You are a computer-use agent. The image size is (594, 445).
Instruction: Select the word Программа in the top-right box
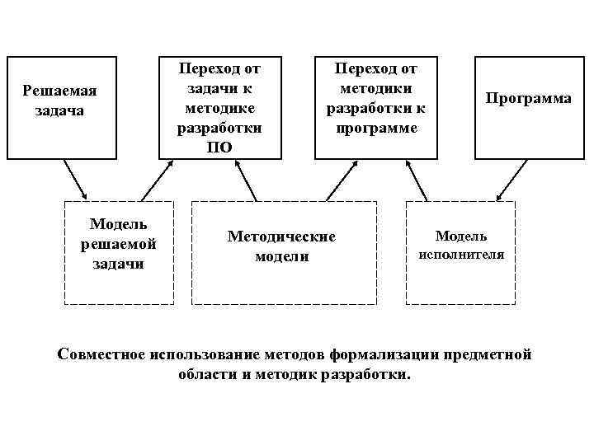[x=528, y=98]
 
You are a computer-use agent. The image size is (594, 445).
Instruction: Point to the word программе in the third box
[x=376, y=129]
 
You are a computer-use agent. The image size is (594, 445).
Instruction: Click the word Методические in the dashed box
[x=281, y=237]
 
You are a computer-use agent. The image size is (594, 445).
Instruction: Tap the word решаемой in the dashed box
[x=119, y=244]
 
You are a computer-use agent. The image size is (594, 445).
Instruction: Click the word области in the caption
[x=205, y=374]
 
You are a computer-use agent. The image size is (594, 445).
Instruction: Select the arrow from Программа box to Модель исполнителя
[x=513, y=180]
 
